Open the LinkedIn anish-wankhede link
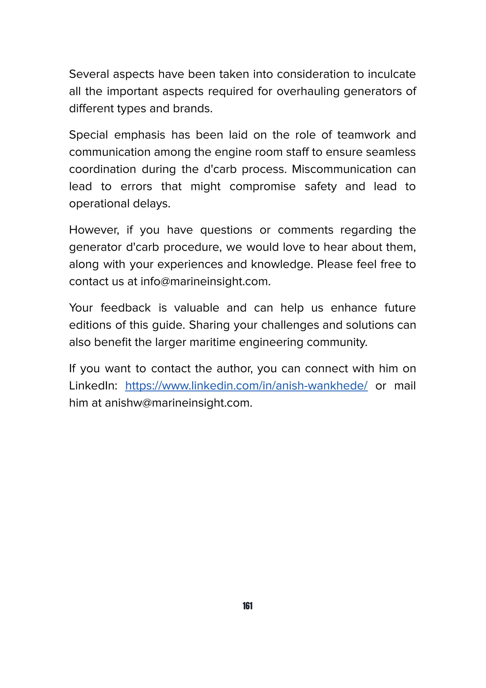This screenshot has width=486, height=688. click(x=246, y=386)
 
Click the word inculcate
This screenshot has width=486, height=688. click(x=392, y=74)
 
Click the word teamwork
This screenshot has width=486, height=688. click(x=364, y=135)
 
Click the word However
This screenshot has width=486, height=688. click(x=94, y=230)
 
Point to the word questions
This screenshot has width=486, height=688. click(x=226, y=230)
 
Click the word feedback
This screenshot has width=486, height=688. click(x=126, y=308)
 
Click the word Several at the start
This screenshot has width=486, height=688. click(x=89, y=74)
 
